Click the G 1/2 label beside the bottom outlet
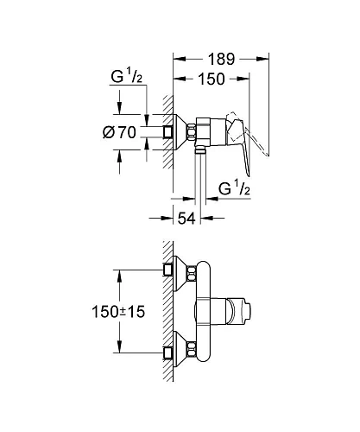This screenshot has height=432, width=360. [232, 187]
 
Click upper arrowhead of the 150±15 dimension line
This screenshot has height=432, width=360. [117, 273]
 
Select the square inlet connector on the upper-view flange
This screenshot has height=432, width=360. [167, 130]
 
